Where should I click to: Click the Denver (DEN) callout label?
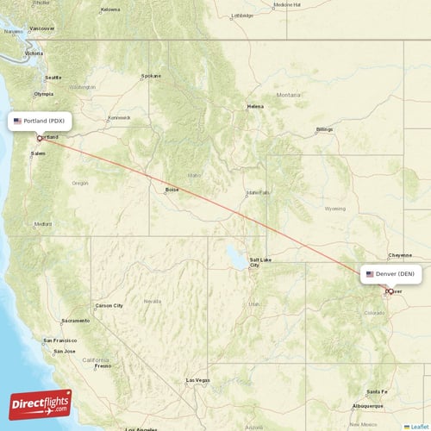(x=390, y=274)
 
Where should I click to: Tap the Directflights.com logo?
(x=41, y=403)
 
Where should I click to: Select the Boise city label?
(x=172, y=189)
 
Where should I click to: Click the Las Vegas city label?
(x=197, y=380)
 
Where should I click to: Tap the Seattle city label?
(x=53, y=77)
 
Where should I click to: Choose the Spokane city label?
(x=152, y=75)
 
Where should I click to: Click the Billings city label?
(x=324, y=129)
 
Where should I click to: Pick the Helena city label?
(x=255, y=106)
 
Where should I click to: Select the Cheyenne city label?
(x=400, y=255)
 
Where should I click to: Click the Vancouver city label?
(x=41, y=28)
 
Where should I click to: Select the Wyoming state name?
(x=334, y=209)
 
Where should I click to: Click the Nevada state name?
(x=152, y=301)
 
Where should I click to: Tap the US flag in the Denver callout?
(x=370, y=274)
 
